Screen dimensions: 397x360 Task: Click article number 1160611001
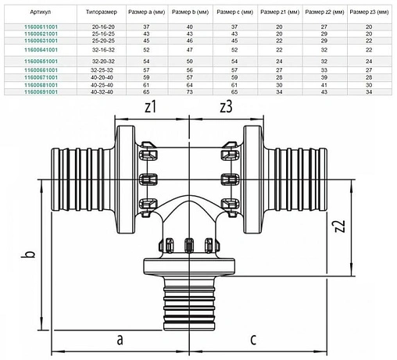41,27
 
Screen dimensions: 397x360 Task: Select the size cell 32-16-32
103,50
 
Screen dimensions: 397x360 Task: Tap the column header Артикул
41,12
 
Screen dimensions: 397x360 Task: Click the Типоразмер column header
102,12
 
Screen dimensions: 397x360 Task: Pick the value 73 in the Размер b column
190,92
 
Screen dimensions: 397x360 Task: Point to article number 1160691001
41,92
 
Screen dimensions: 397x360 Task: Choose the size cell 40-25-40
102,85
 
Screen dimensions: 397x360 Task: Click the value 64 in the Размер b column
190,85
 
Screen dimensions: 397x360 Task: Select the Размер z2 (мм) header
324,12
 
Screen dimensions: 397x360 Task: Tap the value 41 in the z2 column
324,85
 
